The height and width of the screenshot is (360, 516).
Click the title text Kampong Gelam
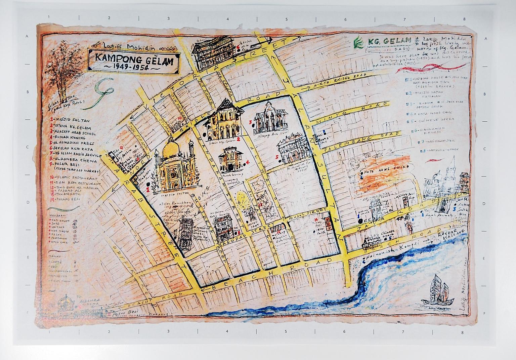tap(134, 59)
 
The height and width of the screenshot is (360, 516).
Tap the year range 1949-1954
tap(133, 68)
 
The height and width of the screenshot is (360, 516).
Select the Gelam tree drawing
tap(60, 71)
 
